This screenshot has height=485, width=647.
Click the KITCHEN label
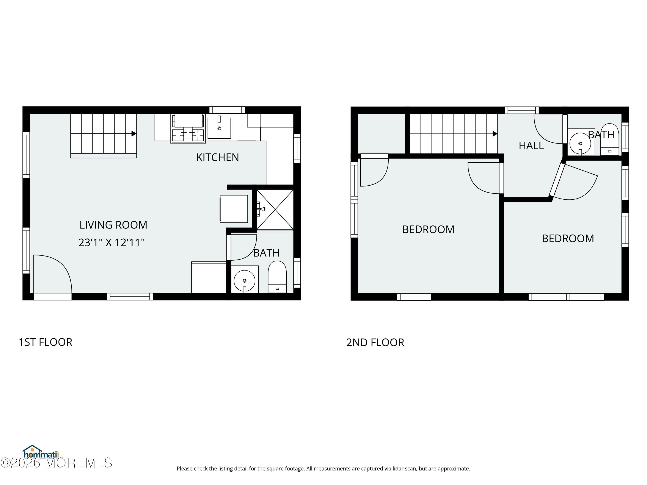click(217, 157)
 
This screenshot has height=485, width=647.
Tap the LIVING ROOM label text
click(113, 225)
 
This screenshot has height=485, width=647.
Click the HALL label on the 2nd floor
click(531, 145)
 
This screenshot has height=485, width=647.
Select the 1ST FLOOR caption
click(45, 342)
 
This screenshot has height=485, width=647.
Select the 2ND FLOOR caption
click(375, 342)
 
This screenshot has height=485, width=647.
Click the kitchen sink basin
click(219, 128)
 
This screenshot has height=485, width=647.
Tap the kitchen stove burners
click(188, 135)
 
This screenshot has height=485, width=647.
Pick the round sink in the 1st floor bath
click(245, 281)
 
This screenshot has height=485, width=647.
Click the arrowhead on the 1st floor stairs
click(134, 134)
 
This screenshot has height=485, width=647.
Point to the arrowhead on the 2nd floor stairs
click(495, 134)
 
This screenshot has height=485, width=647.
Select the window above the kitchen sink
click(227, 110)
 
